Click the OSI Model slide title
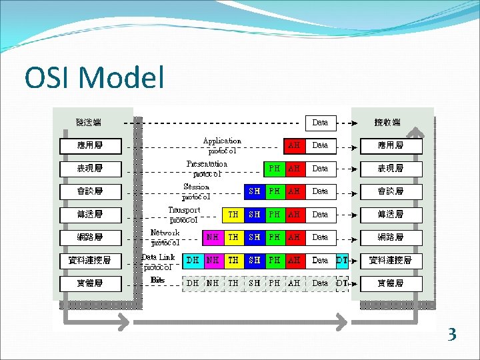94,78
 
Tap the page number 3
452,334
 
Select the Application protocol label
222,145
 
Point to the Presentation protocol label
207,168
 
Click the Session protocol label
197,191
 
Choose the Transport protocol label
184,215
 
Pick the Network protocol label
165,237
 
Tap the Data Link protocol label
159,261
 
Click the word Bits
158,280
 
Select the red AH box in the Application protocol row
294,145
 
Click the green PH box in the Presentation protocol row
274,169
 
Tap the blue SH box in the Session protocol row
254,191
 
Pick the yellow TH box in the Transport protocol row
233,215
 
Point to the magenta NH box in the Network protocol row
213,237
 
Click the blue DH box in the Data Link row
192,260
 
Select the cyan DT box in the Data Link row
342,260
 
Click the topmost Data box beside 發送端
321,123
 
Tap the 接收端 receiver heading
387,123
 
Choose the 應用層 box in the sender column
90,145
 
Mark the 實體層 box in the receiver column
391,283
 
